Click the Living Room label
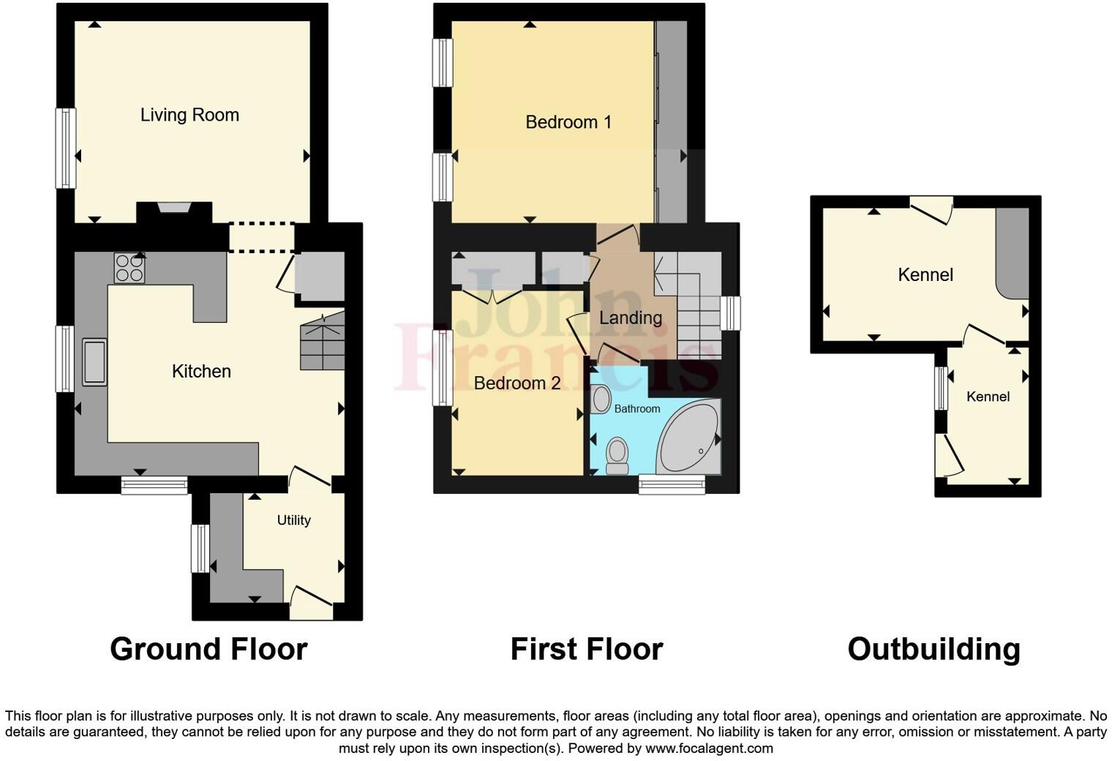tap(189, 115)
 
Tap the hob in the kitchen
tap(129, 268)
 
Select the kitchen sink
tap(94, 361)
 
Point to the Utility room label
tap(293, 520)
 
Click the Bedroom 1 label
tap(568, 122)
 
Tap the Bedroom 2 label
tap(516, 383)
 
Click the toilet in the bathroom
tap(617, 454)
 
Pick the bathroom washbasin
tap(601, 400)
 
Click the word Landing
tap(630, 318)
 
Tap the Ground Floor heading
tap(209, 649)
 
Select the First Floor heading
tap(586, 649)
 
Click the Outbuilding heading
tap(933, 649)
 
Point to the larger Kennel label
tap(925, 274)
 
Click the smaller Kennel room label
tap(988, 397)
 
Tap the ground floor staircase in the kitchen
tap(322, 341)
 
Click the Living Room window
tap(66, 149)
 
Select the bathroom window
tap(672, 484)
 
